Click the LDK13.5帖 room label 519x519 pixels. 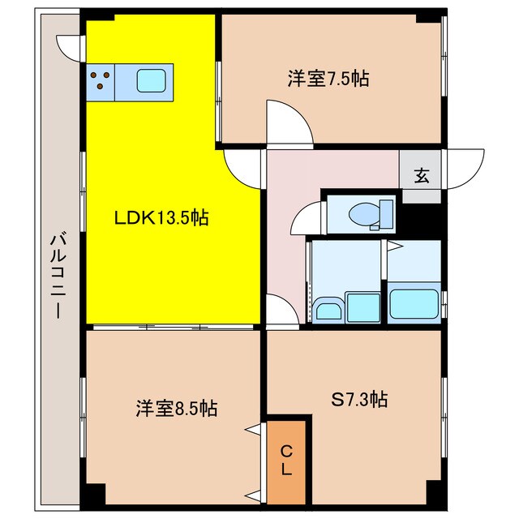pyautogui.click(x=161, y=218)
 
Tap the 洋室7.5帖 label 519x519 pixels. pyautogui.click(x=328, y=79)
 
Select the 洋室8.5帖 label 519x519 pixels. pyautogui.click(x=177, y=408)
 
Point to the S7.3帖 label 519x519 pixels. pyautogui.click(x=359, y=399)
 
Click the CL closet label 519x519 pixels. pyautogui.click(x=286, y=460)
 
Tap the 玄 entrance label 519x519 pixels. pyautogui.click(x=422, y=176)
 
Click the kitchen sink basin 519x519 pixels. pyautogui.click(x=152, y=80)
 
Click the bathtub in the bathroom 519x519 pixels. pyautogui.click(x=414, y=303)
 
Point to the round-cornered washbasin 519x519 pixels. pyautogui.click(x=328, y=310)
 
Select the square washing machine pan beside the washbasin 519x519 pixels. pyautogui.click(x=362, y=308)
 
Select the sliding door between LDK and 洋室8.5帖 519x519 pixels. pyautogui.click(x=173, y=327)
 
